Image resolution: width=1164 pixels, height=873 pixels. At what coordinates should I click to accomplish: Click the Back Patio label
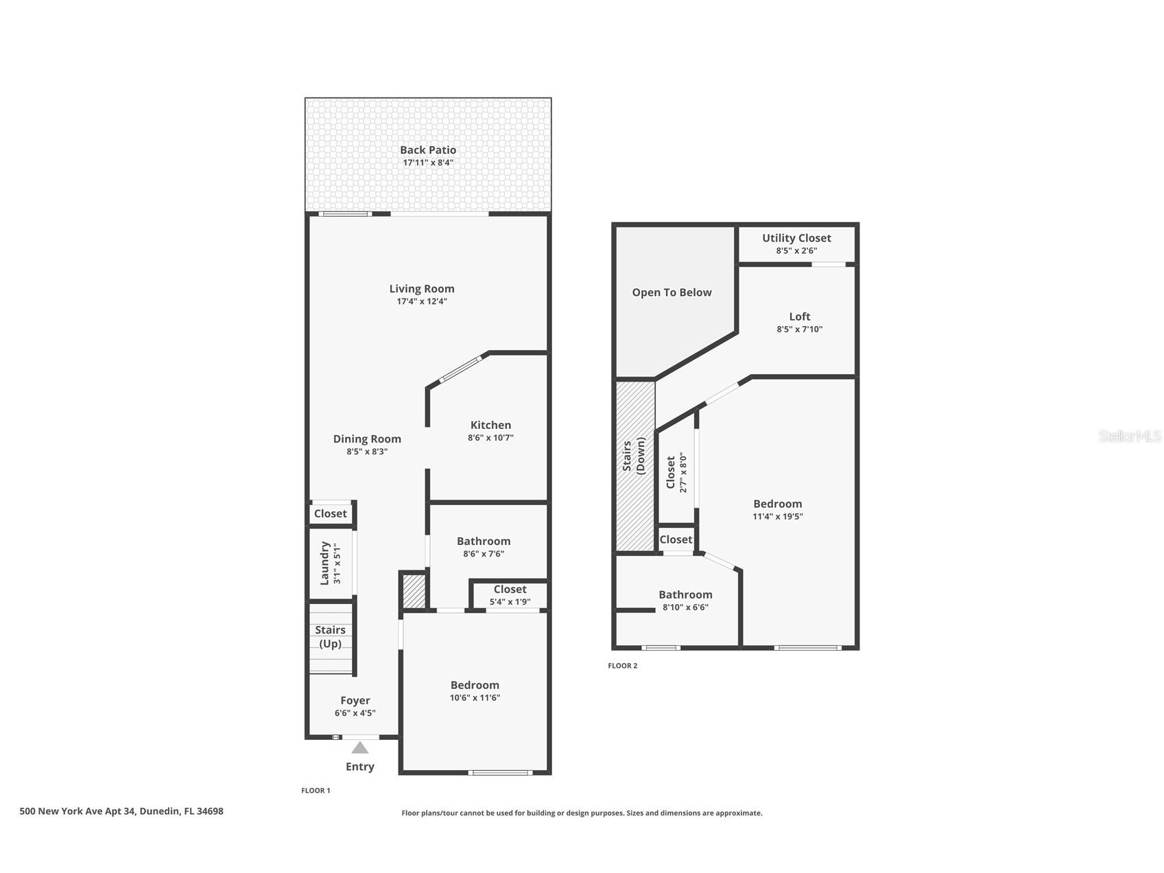click(x=427, y=150)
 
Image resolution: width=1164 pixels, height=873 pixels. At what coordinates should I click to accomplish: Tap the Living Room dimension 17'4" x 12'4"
click(x=421, y=301)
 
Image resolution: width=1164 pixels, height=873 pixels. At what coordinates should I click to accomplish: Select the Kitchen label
click(x=490, y=425)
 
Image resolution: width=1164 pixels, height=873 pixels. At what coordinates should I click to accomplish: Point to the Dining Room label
click(x=367, y=439)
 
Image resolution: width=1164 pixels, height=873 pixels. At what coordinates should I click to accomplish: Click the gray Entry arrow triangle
click(x=360, y=747)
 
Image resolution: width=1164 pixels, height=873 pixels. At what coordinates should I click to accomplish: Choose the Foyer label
click(x=355, y=700)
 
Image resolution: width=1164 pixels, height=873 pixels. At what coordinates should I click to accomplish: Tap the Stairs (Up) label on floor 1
click(x=330, y=636)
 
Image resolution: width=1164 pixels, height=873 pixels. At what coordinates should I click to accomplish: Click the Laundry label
click(x=325, y=563)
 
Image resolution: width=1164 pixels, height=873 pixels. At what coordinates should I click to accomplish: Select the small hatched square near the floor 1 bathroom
click(x=414, y=591)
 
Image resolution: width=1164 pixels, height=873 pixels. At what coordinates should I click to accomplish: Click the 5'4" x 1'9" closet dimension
click(x=510, y=602)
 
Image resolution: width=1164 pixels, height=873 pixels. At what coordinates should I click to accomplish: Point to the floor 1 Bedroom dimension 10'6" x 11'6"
click(x=475, y=698)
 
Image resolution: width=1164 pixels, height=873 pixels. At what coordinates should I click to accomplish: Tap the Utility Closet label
click(x=796, y=237)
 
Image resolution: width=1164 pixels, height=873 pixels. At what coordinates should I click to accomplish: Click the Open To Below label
click(x=672, y=292)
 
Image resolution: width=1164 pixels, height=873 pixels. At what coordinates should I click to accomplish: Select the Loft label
click(x=799, y=316)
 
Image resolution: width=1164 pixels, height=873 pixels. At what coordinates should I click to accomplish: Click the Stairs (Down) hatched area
click(x=634, y=467)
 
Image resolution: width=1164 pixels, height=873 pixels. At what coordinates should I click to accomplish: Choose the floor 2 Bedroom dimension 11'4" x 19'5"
click(x=777, y=517)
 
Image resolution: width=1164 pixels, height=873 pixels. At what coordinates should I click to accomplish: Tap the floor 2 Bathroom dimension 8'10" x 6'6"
click(x=685, y=607)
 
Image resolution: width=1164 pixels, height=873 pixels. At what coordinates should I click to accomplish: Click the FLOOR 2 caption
click(x=622, y=666)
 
